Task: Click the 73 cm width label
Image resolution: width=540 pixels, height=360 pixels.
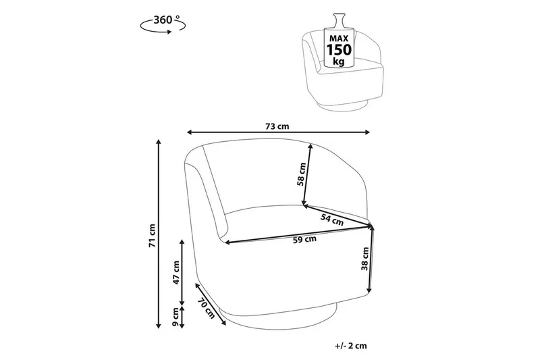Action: pos(277,126)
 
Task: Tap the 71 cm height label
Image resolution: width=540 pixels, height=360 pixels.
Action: pos(153,236)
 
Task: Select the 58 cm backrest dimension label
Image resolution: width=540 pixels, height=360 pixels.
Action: pos(301,174)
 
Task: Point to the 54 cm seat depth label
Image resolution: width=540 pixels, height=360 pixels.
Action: pos(332,220)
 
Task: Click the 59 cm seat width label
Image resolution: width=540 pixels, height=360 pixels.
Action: pos(304,239)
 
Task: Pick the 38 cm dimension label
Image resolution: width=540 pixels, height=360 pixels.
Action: pos(365,259)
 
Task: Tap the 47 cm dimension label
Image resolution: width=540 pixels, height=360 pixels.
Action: pos(176,272)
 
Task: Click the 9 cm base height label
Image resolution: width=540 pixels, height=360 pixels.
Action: pos(175,317)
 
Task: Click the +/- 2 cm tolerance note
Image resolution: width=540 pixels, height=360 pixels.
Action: pos(350,346)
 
